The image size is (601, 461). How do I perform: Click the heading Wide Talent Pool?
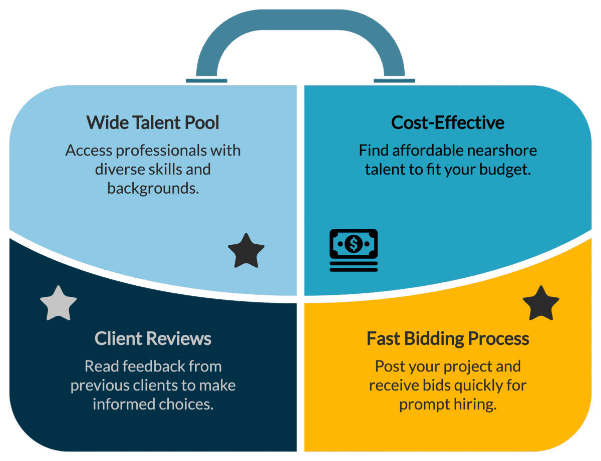[x=153, y=123]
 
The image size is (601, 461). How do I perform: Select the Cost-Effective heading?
[x=448, y=123]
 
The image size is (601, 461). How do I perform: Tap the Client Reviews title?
[x=153, y=339]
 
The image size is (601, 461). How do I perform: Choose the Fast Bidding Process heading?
[x=448, y=339]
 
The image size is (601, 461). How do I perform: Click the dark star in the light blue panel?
[x=246, y=251]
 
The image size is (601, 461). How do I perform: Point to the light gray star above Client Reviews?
[x=58, y=304]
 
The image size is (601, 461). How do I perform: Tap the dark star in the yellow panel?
[x=541, y=304]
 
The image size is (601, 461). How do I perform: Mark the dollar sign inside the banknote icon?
[x=354, y=244]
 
